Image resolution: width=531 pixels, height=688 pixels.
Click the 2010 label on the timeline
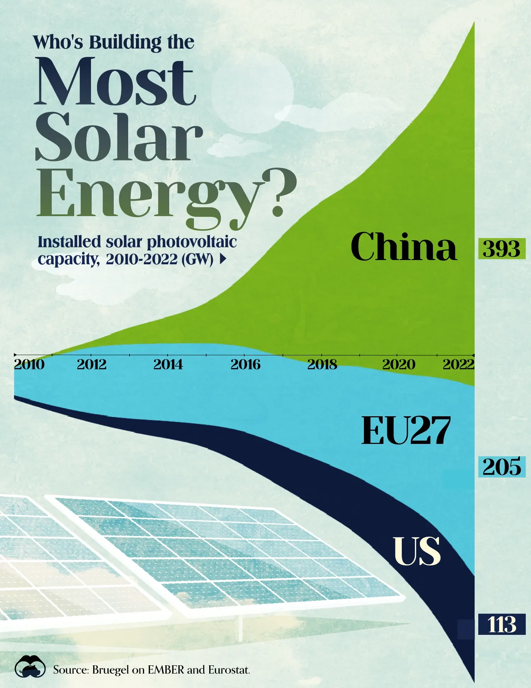click(x=29, y=365)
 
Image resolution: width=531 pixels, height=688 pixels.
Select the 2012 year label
click(x=92, y=365)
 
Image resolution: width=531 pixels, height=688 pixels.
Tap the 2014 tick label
click(x=168, y=365)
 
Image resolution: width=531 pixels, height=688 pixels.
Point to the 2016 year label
click(x=245, y=365)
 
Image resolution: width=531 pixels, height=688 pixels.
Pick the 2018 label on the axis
click(x=322, y=365)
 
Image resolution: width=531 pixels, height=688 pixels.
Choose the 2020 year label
click(x=399, y=365)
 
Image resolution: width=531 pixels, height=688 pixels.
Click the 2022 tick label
click(x=458, y=365)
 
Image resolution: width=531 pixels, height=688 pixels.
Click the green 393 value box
click(x=502, y=249)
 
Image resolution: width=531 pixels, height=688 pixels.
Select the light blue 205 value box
click(x=502, y=467)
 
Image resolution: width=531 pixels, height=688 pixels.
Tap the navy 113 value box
click(x=502, y=624)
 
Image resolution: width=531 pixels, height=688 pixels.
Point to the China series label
click(x=404, y=247)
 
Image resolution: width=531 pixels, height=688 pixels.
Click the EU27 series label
click(x=406, y=430)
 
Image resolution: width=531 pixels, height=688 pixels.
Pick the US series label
click(x=417, y=551)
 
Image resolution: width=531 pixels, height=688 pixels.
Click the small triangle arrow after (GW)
click(x=223, y=260)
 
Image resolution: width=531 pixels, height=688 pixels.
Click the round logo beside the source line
click(x=30, y=667)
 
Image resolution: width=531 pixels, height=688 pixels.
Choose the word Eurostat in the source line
click(x=229, y=670)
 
